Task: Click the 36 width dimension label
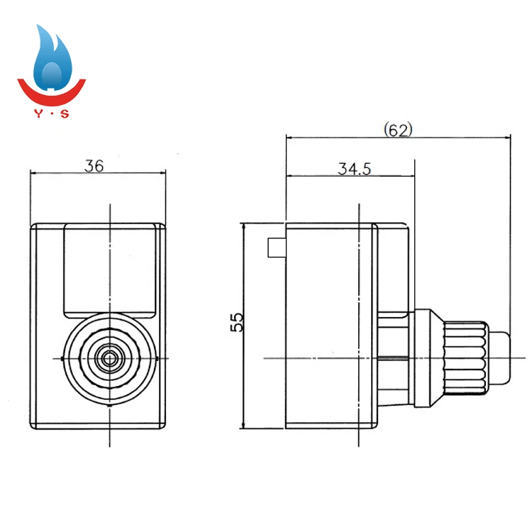(x=94, y=166)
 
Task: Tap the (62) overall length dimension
(x=397, y=130)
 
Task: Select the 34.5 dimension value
(x=355, y=169)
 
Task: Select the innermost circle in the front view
(x=109, y=358)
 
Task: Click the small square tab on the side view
(x=276, y=246)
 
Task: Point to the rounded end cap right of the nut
(x=499, y=358)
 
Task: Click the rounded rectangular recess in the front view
(x=109, y=270)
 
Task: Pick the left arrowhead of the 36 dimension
(x=33, y=174)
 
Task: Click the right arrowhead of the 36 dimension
(x=162, y=174)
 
